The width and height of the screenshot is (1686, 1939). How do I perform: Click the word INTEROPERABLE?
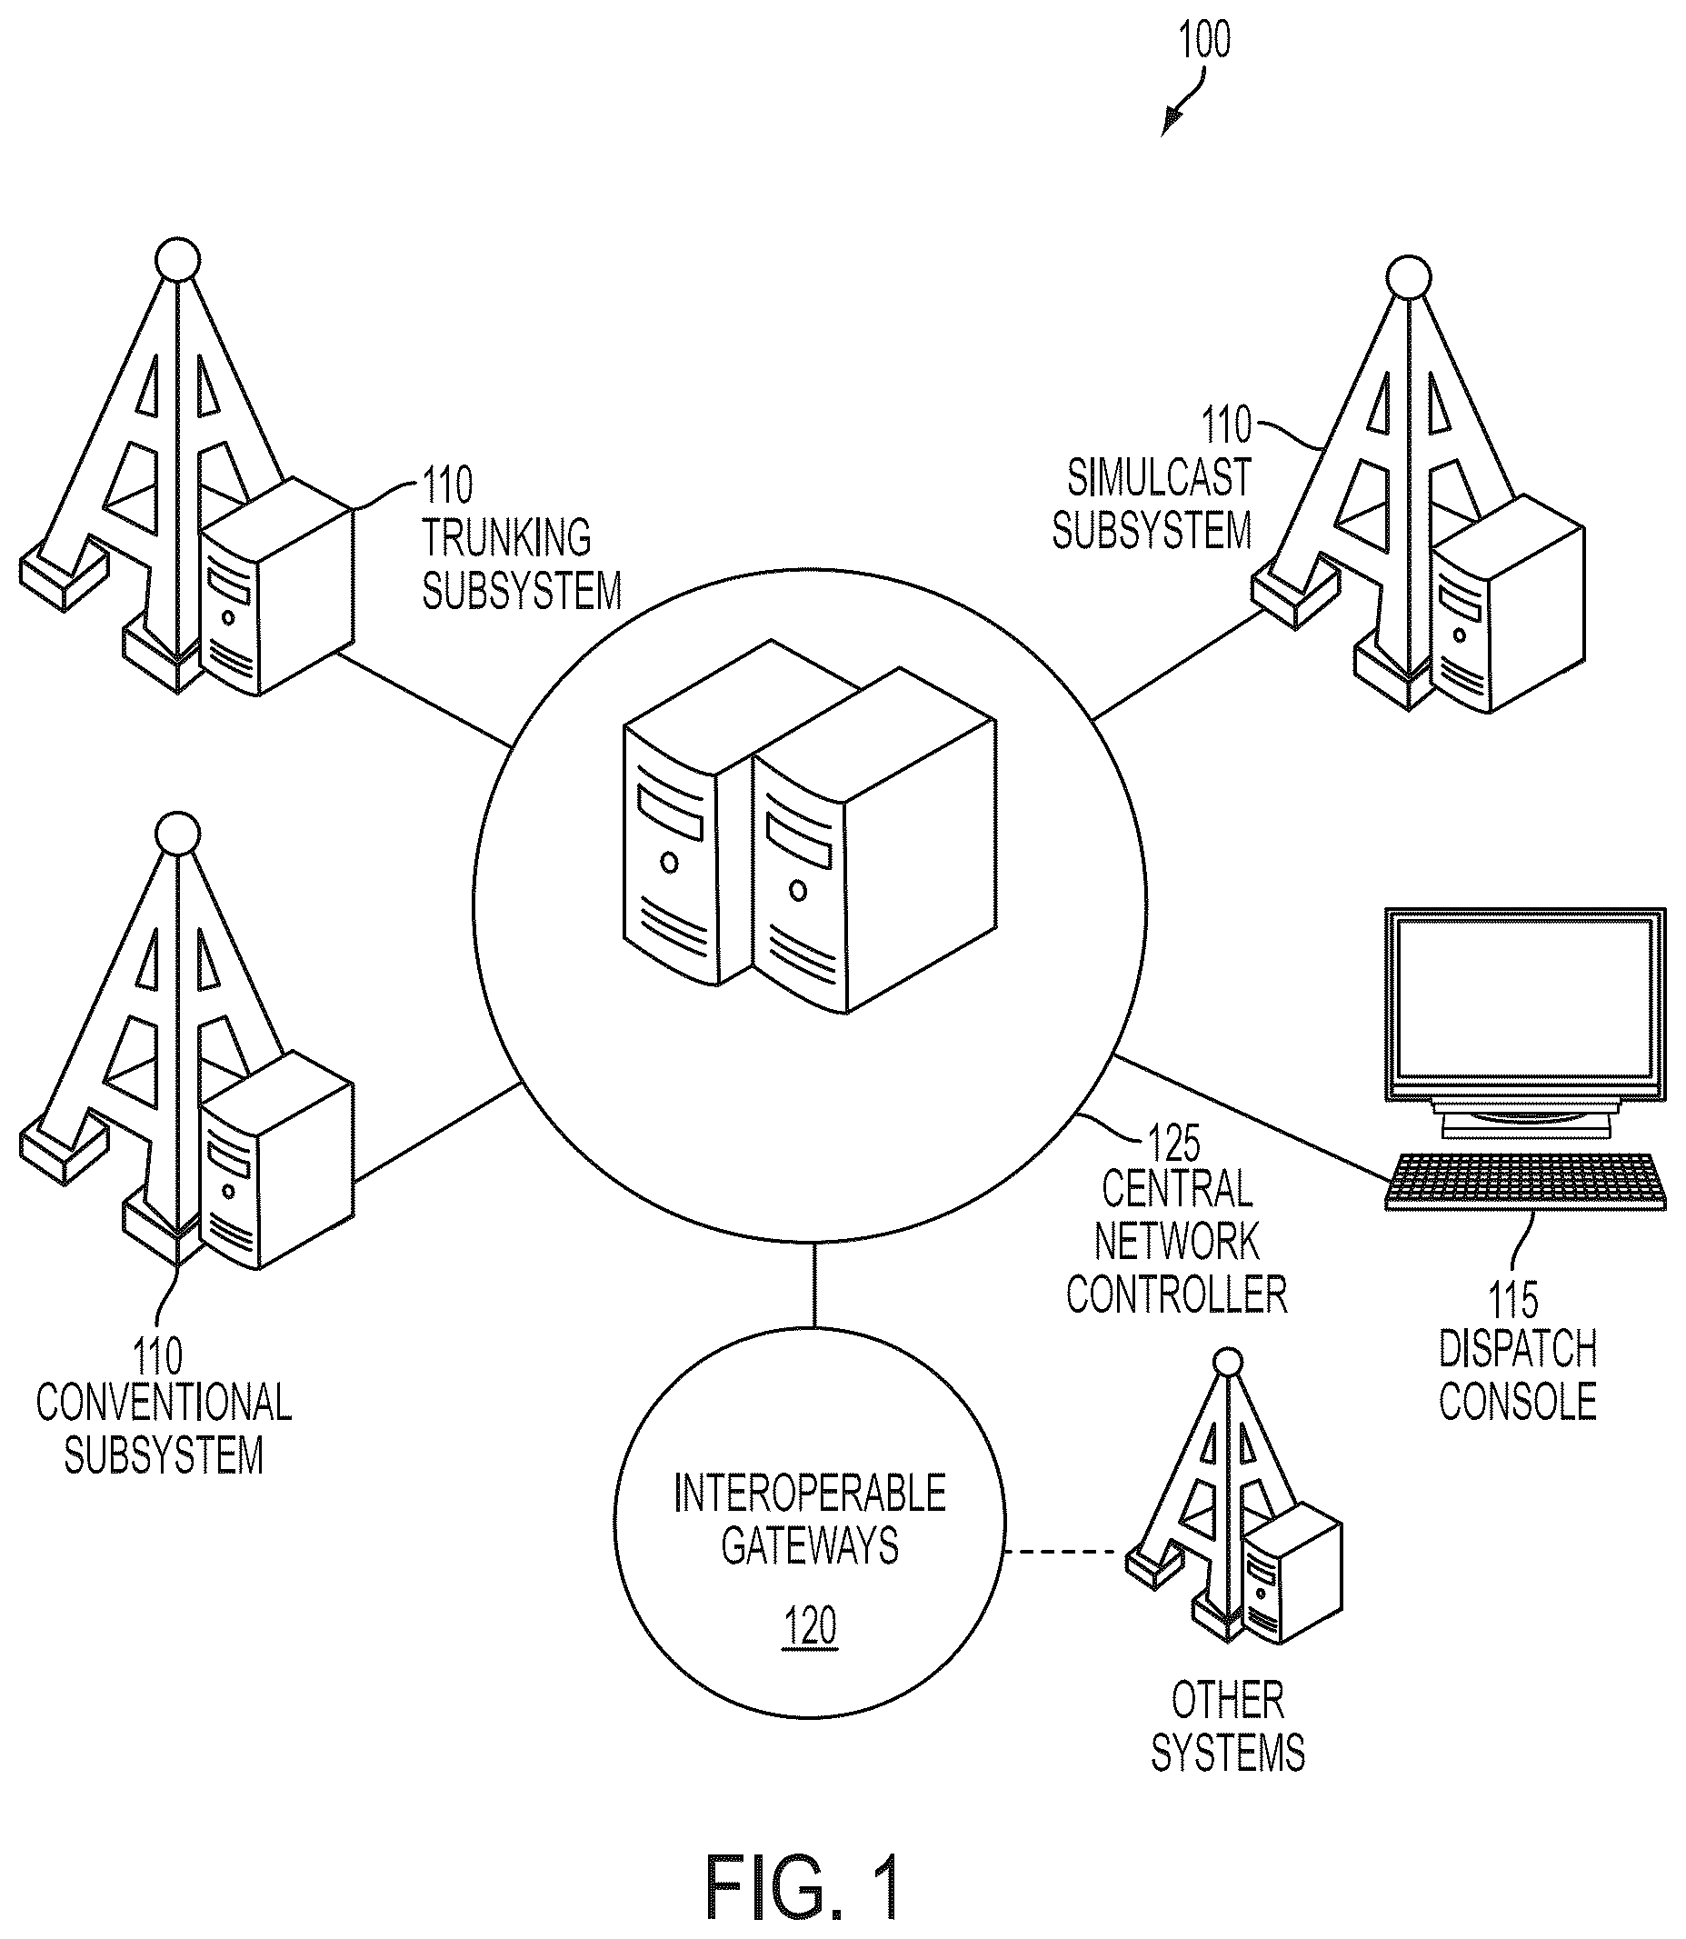pos(810,1493)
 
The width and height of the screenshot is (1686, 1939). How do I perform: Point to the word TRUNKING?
pos(506,538)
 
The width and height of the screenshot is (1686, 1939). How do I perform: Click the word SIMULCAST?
pos(1159,478)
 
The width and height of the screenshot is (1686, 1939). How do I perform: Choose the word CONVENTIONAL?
pos(164,1403)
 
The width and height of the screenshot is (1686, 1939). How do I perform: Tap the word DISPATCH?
pos(1518,1349)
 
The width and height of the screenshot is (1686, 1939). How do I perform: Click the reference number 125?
pos(1174,1144)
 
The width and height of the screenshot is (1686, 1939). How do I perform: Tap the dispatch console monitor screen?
pos(1525,999)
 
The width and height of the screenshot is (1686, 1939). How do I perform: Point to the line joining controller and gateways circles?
pos(813,1287)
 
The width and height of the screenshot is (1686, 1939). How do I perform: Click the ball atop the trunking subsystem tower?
pos(177,259)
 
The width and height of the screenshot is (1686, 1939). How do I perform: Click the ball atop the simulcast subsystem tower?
pos(1409,277)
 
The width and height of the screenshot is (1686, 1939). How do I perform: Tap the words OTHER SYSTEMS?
pos(1228,1727)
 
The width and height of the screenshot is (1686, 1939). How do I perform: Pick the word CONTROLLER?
pos(1176,1294)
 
